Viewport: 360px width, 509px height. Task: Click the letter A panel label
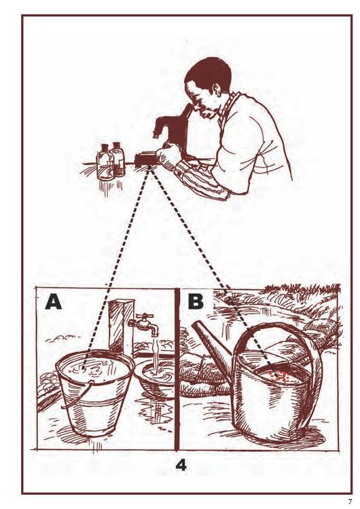[x=54, y=301]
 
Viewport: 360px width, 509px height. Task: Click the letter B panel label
[x=196, y=301]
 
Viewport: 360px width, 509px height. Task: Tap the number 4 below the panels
[x=181, y=466]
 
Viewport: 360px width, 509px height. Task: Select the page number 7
[x=350, y=502]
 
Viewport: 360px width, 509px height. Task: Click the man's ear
[x=217, y=90]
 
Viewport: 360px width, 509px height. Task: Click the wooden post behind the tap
[x=122, y=326]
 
